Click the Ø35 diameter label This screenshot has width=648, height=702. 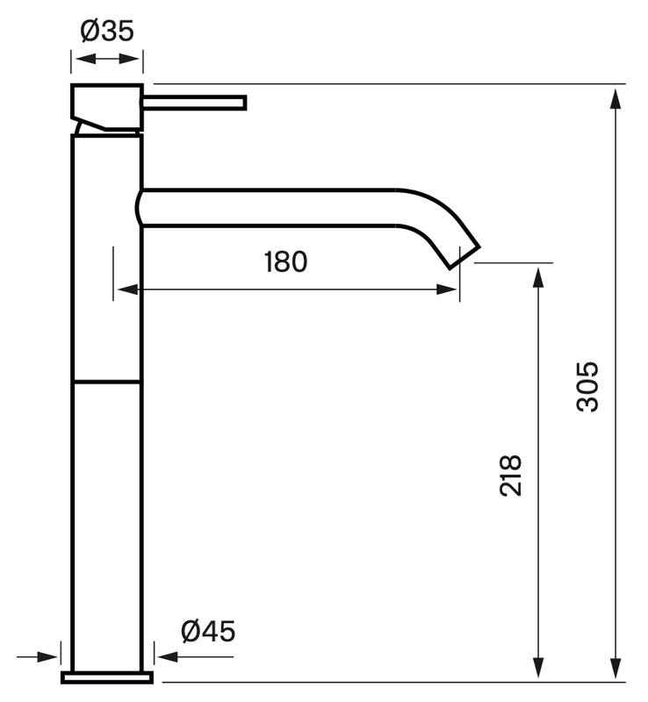click(x=106, y=31)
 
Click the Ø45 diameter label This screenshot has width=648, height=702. click(x=208, y=630)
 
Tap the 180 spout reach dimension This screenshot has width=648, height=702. click(x=285, y=261)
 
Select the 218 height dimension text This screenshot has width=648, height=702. click(x=511, y=475)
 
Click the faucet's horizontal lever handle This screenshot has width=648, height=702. click(x=195, y=104)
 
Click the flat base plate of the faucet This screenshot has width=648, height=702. click(x=106, y=677)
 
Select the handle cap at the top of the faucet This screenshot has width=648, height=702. click(x=105, y=105)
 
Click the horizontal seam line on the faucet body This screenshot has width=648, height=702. click(x=105, y=382)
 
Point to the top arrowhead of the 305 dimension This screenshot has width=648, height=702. click(x=616, y=97)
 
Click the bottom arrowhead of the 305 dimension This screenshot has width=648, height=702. click(x=616, y=669)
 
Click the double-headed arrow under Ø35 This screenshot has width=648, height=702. click(x=106, y=60)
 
